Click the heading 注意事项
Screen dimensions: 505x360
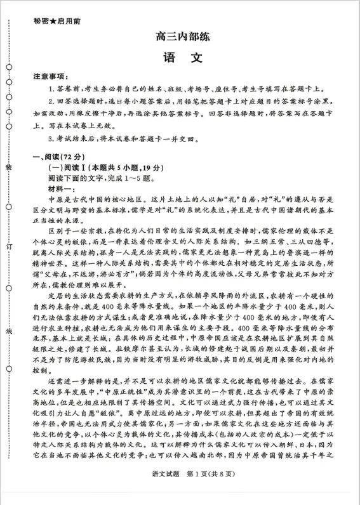[51, 77]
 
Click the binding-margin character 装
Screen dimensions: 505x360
[9, 167]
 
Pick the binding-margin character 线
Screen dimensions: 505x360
[9, 331]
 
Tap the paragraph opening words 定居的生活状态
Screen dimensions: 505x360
[72, 296]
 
